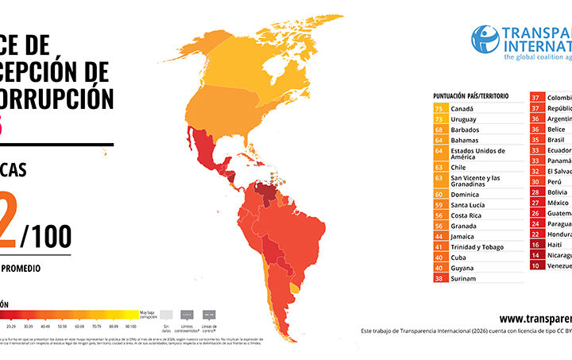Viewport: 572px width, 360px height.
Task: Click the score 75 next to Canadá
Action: [439, 107]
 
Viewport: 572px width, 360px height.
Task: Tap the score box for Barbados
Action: [439, 129]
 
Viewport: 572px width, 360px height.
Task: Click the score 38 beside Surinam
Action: [439, 279]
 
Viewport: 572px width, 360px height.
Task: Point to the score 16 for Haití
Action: [536, 246]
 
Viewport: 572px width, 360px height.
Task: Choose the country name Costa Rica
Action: [466, 215]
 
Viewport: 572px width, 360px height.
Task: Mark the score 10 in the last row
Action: [536, 266]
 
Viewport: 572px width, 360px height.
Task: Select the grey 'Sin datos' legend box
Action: [165, 313]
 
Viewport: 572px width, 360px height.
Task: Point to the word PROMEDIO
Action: [22, 269]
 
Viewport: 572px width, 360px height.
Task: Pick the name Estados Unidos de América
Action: [477, 153]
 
